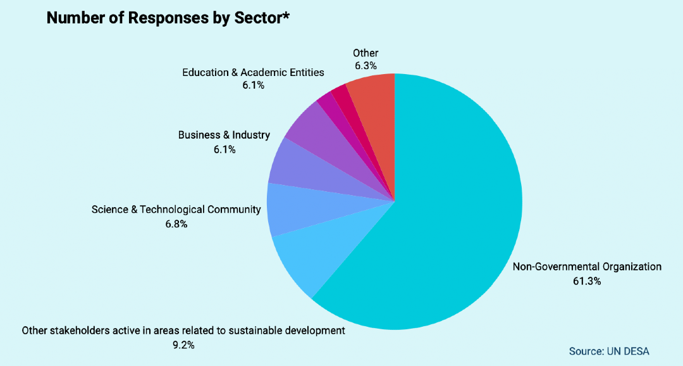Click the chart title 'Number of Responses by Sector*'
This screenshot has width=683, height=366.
[x=168, y=18]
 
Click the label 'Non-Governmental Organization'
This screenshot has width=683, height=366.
[x=586, y=267]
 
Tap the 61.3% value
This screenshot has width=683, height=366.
[x=586, y=281]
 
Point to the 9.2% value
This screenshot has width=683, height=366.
[x=183, y=345]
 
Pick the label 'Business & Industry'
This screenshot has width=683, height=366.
[x=224, y=135]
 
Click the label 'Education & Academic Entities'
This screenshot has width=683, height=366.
[x=253, y=72]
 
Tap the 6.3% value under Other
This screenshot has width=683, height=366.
[x=366, y=65]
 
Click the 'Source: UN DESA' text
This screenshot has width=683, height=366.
[x=609, y=351]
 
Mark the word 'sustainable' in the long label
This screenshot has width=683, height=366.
[x=274, y=331]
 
